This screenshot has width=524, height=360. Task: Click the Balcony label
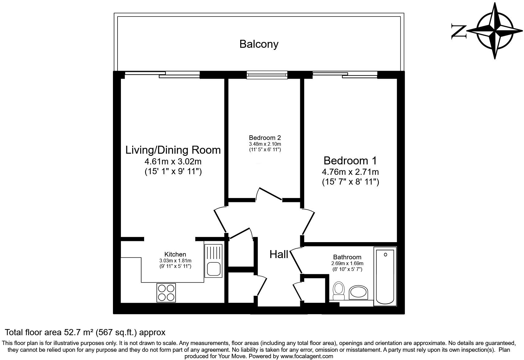tap(259, 44)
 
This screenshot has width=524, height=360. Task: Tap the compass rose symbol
tap(495, 31)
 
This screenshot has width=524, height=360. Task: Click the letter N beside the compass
tap(458, 32)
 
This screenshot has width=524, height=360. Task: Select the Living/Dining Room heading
tap(173, 150)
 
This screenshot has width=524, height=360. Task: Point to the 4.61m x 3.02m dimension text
tap(173, 161)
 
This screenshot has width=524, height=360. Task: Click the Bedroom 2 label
tap(265, 138)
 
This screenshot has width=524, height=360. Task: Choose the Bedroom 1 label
tap(350, 161)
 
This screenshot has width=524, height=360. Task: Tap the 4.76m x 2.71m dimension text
tap(350, 172)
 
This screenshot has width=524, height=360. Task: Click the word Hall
tap(279, 254)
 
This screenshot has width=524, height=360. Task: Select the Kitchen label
tap(175, 254)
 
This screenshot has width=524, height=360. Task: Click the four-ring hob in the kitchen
tap(166, 293)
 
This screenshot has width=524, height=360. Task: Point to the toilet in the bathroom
tap(339, 290)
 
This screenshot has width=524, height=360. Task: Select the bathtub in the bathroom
tap(385, 277)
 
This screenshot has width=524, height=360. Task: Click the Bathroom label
tap(347, 257)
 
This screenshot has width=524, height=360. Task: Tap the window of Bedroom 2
tap(267, 75)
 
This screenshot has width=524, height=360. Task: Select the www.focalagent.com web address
tap(307, 356)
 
